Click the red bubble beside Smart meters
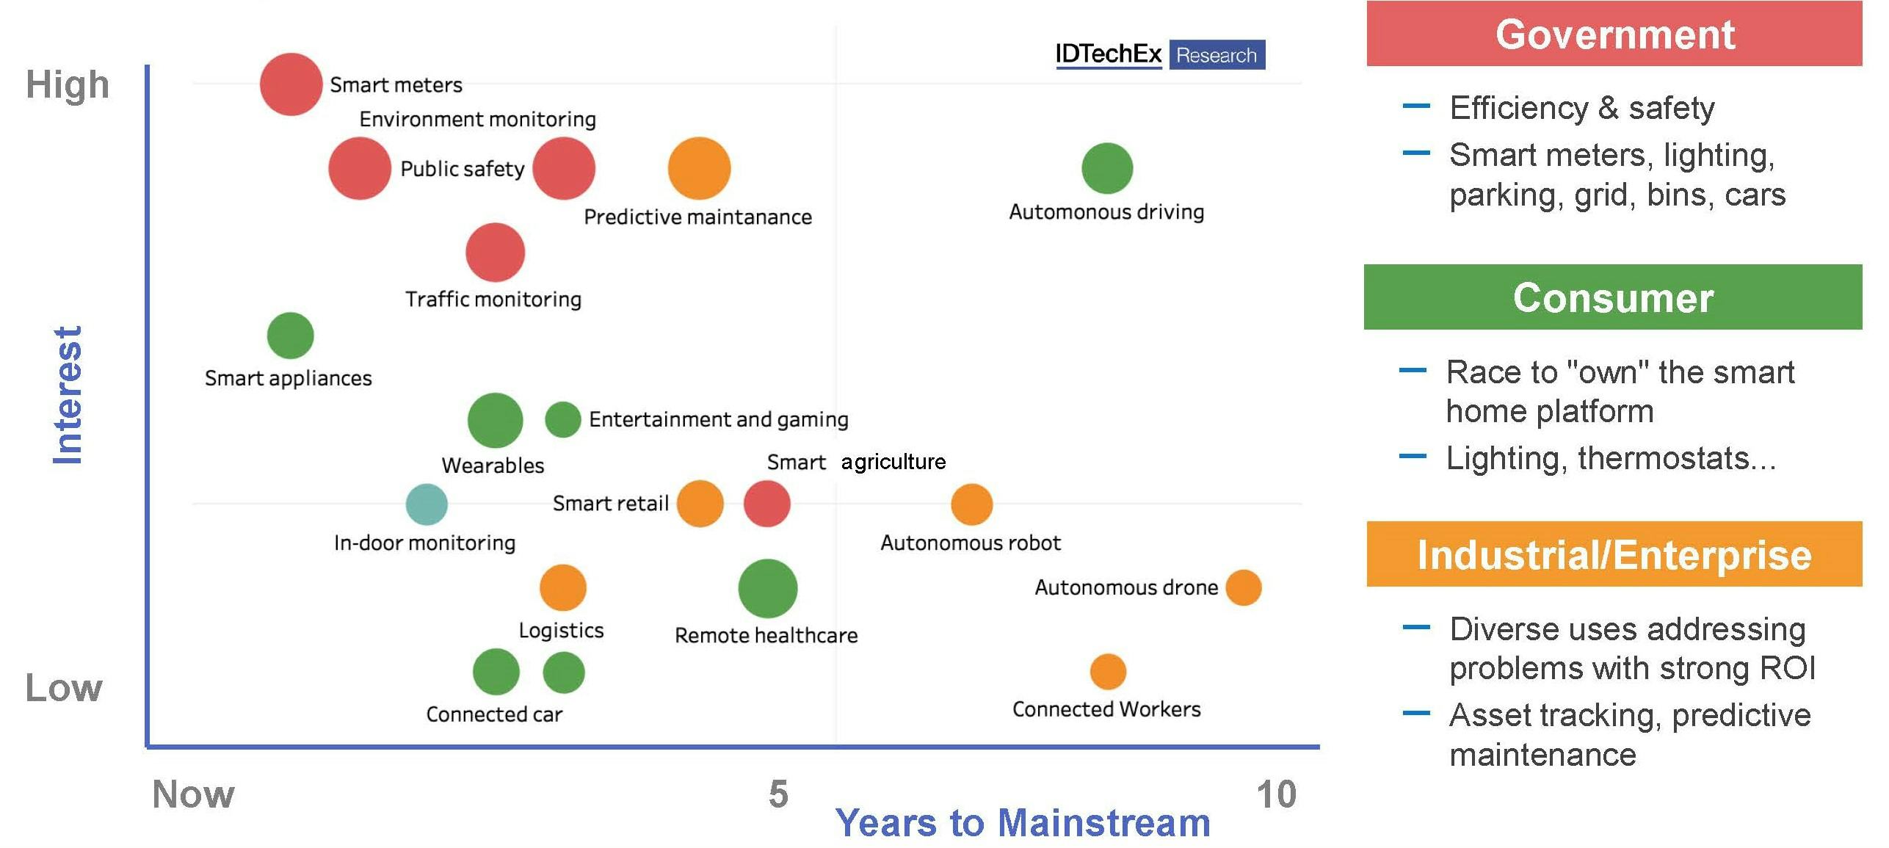pos(291,84)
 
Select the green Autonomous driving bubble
pos(1106,168)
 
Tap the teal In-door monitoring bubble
pos(427,504)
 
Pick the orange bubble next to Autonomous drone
pos(1243,587)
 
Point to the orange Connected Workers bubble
pos(1107,671)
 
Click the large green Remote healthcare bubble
pos(767,588)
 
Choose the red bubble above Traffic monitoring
pos(495,253)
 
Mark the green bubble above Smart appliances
pos(290,336)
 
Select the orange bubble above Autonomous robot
pos(971,504)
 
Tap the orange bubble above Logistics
pos(562,587)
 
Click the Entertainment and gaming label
pos(718,419)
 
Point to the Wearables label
pos(493,465)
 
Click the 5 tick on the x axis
pos(778,794)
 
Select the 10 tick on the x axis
pos(1276,794)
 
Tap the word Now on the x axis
pos(193,794)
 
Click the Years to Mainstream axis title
pos(1022,822)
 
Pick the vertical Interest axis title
pos(68,395)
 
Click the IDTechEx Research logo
pos(1160,54)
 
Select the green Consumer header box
pos(1612,297)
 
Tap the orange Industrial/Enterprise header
pos(1614,554)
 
